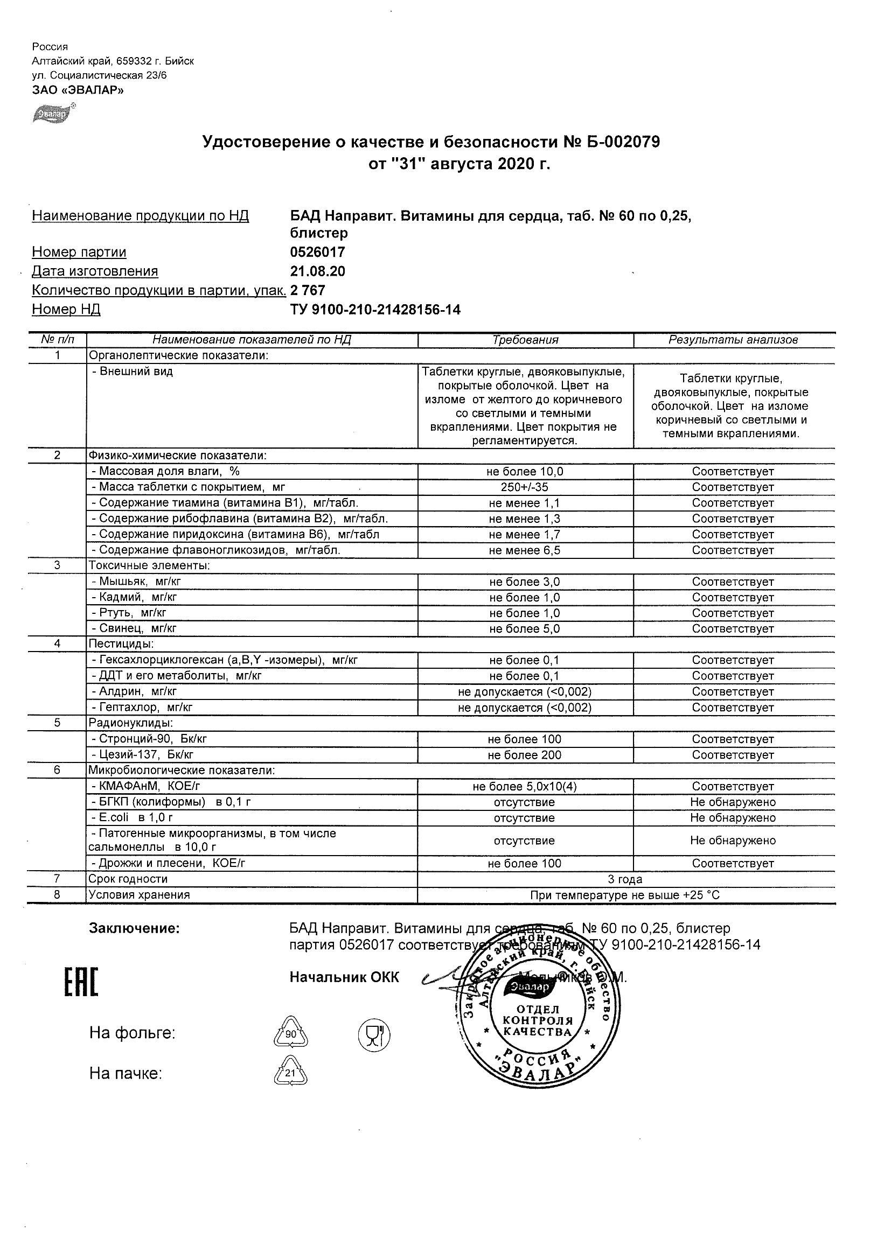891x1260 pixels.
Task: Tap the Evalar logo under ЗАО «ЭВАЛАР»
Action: (x=53, y=114)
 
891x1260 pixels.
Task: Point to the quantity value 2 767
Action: (x=308, y=290)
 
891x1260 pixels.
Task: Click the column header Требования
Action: (x=525, y=340)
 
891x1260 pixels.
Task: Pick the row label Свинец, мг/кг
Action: (x=134, y=628)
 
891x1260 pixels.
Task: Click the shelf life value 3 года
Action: (x=625, y=879)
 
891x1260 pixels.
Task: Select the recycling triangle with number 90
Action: (x=290, y=1033)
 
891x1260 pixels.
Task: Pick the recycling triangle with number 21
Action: (x=290, y=1072)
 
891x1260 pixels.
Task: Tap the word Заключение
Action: (x=134, y=928)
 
